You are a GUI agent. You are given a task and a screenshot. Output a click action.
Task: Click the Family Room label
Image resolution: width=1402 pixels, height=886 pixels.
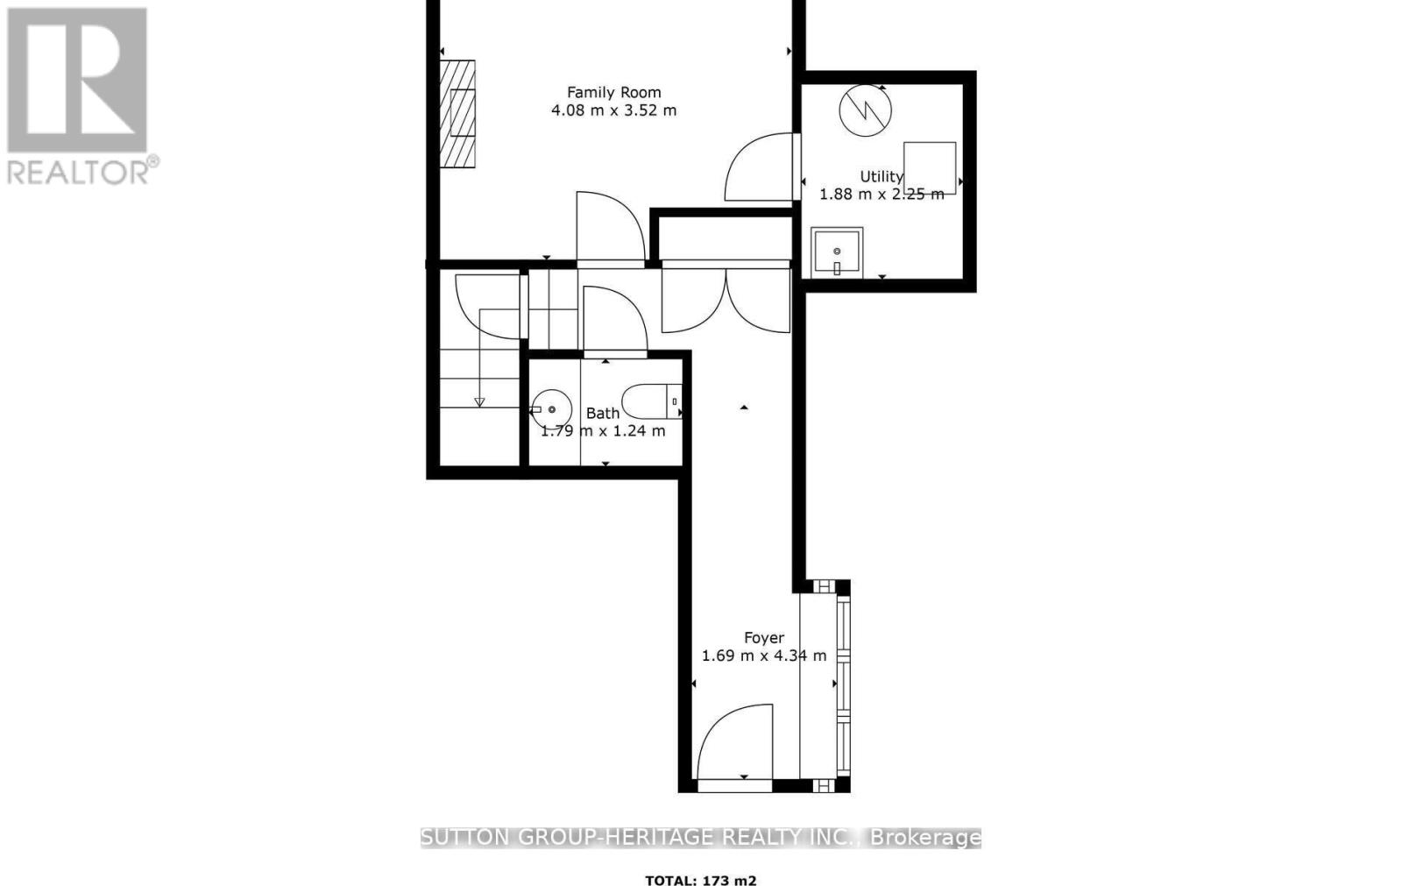click(x=613, y=92)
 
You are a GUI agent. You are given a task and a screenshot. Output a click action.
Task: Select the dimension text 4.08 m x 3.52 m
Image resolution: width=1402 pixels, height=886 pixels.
click(x=613, y=110)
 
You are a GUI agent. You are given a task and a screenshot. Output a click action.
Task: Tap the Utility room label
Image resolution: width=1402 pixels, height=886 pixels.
click(x=881, y=176)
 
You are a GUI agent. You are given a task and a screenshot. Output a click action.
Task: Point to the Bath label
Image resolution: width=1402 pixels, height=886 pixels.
click(x=603, y=413)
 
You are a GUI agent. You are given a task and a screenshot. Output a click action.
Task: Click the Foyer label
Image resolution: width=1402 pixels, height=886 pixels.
click(x=764, y=638)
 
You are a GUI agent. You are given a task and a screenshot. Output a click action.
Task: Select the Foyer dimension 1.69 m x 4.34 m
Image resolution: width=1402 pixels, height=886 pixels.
click(x=764, y=656)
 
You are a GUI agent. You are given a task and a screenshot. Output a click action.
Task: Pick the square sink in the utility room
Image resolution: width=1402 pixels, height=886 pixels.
click(x=837, y=252)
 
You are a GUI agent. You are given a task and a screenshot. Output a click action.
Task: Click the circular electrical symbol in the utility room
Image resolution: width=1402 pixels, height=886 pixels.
click(x=865, y=110)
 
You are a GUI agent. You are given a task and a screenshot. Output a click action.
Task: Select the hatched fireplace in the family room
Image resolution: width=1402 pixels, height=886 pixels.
click(x=457, y=114)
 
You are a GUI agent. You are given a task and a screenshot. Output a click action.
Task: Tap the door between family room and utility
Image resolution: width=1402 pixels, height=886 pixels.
click(x=761, y=167)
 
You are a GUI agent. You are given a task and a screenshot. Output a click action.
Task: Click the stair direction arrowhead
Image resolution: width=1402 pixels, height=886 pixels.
click(x=479, y=402)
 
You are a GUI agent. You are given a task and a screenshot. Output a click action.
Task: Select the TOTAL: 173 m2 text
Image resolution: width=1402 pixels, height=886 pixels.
click(x=700, y=881)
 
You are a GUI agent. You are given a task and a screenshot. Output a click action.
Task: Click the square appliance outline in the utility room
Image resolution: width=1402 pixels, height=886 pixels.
click(x=930, y=167)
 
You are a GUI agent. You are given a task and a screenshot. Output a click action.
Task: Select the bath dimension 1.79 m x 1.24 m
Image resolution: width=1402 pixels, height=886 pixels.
click(x=603, y=431)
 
